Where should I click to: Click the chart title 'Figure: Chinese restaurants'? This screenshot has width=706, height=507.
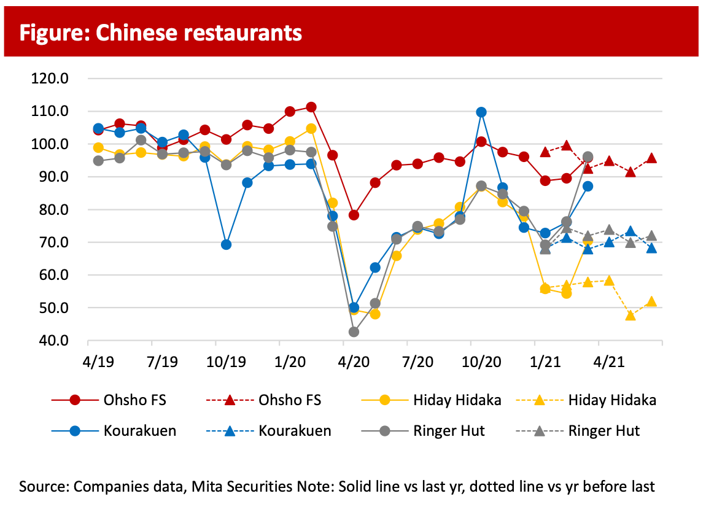coord(160,33)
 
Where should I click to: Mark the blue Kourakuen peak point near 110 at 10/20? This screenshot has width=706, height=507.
coord(481,112)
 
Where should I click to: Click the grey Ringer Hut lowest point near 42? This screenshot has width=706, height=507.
coord(354,332)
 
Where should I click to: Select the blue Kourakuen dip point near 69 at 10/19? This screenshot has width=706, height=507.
coord(226,244)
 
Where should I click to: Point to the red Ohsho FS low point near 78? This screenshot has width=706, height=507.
coord(354,215)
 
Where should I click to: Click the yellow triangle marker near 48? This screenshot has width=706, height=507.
coord(630,315)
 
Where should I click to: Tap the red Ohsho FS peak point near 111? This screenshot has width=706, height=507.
coord(311,107)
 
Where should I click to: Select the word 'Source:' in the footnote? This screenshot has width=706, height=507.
coord(44,487)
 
